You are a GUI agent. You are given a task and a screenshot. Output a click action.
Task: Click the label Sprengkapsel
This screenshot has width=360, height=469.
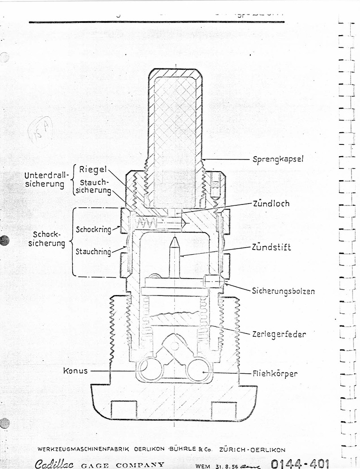pos(278,159)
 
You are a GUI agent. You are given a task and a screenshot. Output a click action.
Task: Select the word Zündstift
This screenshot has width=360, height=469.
pos(271,247)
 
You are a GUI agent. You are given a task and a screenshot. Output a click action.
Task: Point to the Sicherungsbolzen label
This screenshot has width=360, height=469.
pos(283,291)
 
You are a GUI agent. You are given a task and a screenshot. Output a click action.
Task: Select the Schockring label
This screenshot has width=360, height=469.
pos(93,229)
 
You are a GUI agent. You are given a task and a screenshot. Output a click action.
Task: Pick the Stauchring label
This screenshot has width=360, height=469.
pos(93,252)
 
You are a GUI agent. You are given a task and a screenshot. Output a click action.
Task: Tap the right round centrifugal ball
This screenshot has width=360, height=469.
pos(199,370)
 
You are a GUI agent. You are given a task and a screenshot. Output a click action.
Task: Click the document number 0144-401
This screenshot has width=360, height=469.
pos(300,464)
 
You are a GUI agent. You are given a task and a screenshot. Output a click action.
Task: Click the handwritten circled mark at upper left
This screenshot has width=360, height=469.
pos(40,131)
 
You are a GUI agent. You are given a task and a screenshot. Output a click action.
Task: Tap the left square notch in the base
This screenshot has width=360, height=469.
pos(124,409)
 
